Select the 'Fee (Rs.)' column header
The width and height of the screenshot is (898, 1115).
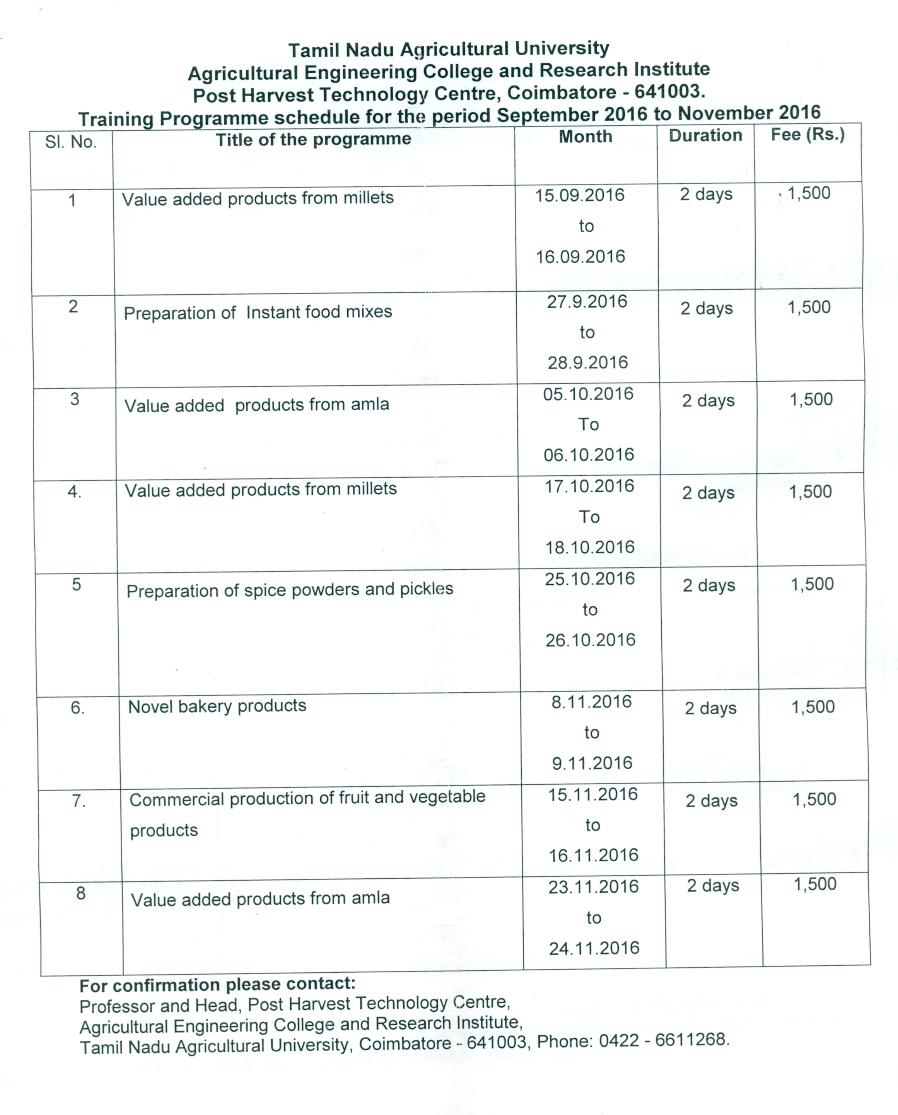(808, 135)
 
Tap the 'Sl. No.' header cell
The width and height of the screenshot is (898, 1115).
(71, 142)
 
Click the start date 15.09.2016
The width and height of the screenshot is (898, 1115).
(579, 195)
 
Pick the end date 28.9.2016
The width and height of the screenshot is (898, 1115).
(587, 362)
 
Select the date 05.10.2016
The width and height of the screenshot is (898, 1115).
(588, 394)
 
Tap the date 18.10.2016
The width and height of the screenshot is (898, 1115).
(590, 547)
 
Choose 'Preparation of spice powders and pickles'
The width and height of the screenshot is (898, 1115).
(290, 589)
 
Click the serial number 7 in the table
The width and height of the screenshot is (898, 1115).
(78, 801)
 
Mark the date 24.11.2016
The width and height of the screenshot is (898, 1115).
(594, 948)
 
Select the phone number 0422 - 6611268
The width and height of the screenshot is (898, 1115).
(663, 1040)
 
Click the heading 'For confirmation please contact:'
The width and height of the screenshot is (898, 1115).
(217, 985)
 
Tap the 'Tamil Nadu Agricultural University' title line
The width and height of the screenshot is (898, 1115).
(449, 50)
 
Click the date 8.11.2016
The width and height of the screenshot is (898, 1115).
(591, 702)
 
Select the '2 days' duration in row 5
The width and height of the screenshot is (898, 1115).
(708, 586)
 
